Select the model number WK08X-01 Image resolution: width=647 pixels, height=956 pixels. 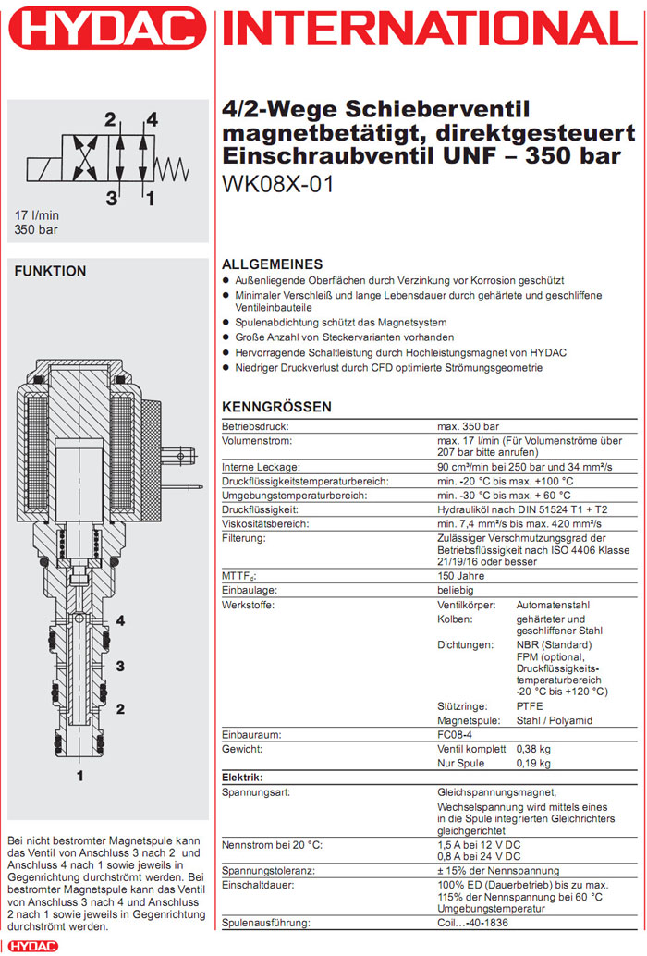[x=277, y=184]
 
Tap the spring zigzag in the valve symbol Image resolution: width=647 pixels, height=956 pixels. [x=174, y=168]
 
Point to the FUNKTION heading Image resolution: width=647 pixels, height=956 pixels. [x=51, y=271]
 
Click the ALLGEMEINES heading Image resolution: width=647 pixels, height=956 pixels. [x=273, y=264]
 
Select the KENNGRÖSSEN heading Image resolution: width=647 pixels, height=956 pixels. [x=276, y=407]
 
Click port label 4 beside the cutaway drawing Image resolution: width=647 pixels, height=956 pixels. [x=120, y=620]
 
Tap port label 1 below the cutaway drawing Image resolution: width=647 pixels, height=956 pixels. [x=79, y=775]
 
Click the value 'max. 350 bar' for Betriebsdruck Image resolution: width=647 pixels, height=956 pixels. [x=468, y=427]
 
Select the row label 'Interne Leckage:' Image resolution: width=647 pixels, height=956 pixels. [x=261, y=467]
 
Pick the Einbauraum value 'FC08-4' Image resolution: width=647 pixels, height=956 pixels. [x=456, y=734]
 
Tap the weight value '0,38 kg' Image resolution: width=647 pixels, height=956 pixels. [x=532, y=749]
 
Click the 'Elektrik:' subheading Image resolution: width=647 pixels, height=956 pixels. [x=242, y=778]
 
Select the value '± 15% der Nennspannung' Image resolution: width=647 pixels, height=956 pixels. [x=497, y=871]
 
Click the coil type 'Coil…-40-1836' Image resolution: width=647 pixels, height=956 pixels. [x=478, y=924]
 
